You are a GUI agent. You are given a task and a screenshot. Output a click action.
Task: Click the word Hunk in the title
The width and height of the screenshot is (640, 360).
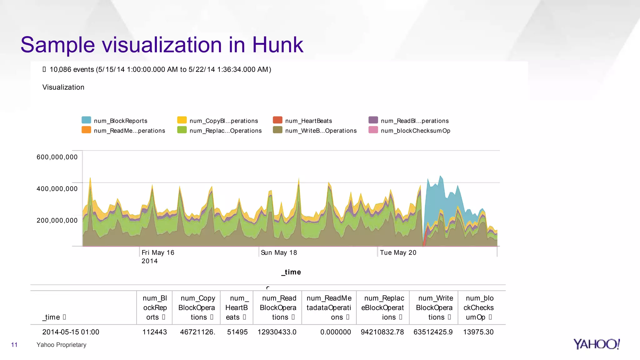click(x=277, y=45)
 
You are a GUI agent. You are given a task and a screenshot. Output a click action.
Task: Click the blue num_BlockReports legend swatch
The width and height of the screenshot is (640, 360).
click(x=86, y=120)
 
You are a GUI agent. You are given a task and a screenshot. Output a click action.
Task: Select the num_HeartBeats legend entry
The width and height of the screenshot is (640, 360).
click(x=308, y=121)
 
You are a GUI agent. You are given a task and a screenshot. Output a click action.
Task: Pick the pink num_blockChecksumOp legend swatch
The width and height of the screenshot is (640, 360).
click(x=373, y=130)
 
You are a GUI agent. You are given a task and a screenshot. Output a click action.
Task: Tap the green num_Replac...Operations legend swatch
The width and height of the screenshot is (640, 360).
click(x=182, y=130)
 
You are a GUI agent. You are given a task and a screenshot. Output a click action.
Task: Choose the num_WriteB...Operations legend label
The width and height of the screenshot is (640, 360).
click(x=321, y=131)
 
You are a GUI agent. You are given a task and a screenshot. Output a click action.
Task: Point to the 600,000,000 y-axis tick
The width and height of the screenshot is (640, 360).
click(x=57, y=157)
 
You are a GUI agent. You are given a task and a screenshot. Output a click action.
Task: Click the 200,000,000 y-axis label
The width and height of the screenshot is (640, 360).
click(x=57, y=220)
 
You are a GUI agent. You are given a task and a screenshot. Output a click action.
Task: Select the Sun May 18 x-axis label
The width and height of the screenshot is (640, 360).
click(x=279, y=252)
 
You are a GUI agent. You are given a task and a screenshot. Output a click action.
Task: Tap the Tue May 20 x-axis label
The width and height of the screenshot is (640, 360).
click(x=398, y=252)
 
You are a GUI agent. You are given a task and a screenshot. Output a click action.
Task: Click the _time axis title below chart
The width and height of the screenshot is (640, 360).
click(x=291, y=272)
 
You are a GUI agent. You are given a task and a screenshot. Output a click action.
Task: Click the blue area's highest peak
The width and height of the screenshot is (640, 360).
click(x=440, y=177)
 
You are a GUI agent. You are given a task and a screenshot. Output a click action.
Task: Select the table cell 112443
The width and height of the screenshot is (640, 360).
click(x=154, y=332)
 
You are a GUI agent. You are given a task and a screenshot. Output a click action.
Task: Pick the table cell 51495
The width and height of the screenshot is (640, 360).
click(x=237, y=332)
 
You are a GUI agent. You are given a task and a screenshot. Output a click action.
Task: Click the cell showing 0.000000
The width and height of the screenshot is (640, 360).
click(x=335, y=332)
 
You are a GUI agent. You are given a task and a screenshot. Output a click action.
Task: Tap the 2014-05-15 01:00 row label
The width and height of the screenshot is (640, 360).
click(x=71, y=332)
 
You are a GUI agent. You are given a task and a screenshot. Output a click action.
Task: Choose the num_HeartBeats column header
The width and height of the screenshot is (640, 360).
click(x=236, y=307)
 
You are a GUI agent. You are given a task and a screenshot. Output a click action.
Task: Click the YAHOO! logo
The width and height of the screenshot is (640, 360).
click(x=596, y=344)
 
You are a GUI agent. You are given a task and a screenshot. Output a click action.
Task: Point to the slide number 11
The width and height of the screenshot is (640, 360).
click(x=14, y=345)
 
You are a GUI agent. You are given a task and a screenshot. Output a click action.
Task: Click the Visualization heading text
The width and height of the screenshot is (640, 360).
click(x=63, y=87)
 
